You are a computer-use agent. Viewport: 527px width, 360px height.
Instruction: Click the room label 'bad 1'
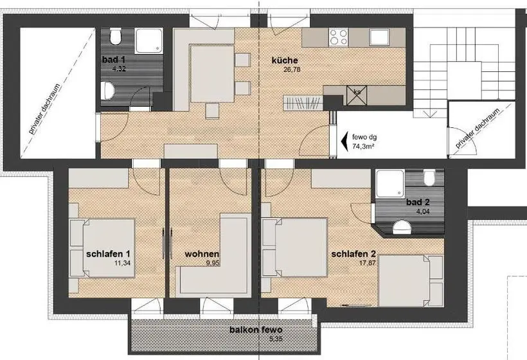[x=114, y=60]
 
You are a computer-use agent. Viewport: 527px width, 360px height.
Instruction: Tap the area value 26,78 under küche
[x=291, y=70]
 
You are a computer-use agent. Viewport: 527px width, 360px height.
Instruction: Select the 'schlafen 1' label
[x=108, y=254]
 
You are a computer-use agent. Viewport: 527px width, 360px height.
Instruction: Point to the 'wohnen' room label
[x=202, y=254]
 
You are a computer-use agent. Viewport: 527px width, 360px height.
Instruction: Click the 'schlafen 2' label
[x=353, y=254]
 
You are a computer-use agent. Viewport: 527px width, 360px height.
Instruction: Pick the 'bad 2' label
[x=418, y=203]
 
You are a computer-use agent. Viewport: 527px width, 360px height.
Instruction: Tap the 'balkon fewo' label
[x=256, y=330]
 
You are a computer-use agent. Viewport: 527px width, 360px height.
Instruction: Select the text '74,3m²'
[x=363, y=146]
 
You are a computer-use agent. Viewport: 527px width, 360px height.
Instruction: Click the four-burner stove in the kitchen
[x=339, y=37]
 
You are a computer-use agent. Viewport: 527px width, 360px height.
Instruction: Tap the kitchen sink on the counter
[x=379, y=37]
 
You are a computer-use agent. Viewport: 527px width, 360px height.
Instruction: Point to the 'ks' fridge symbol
[x=357, y=95]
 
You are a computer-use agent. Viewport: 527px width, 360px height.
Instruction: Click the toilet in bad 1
[x=115, y=37]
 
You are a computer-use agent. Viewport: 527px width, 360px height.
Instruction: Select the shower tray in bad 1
[x=149, y=40]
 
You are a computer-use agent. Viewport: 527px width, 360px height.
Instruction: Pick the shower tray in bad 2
[x=390, y=183]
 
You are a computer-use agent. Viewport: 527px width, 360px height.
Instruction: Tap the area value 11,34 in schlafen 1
[x=122, y=263]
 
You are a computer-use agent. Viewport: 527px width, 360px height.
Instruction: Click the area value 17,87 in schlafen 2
[x=368, y=263]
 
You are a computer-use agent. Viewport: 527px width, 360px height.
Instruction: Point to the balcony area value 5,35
[x=276, y=339]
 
